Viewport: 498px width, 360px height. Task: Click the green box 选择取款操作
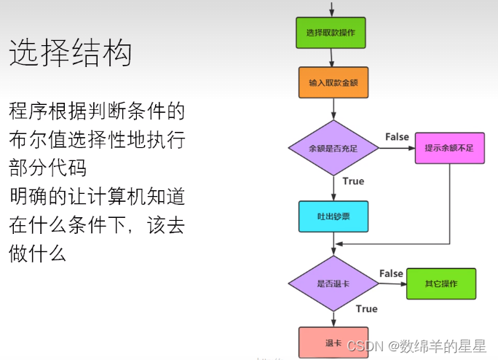click(x=331, y=33)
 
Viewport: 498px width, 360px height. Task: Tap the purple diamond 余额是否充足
click(x=333, y=148)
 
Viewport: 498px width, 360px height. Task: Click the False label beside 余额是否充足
click(x=397, y=137)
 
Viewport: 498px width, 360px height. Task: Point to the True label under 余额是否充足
click(x=353, y=181)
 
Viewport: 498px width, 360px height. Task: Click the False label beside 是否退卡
click(x=391, y=273)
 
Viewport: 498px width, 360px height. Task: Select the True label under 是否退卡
click(x=366, y=309)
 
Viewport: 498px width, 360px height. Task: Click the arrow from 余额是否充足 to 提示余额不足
click(x=397, y=148)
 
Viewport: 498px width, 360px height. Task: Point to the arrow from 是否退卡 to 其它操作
click(x=392, y=283)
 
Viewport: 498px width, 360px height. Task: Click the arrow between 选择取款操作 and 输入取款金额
click(x=333, y=58)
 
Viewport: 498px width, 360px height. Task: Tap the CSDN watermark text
click(x=416, y=345)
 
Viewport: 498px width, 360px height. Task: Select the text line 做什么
click(x=38, y=254)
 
